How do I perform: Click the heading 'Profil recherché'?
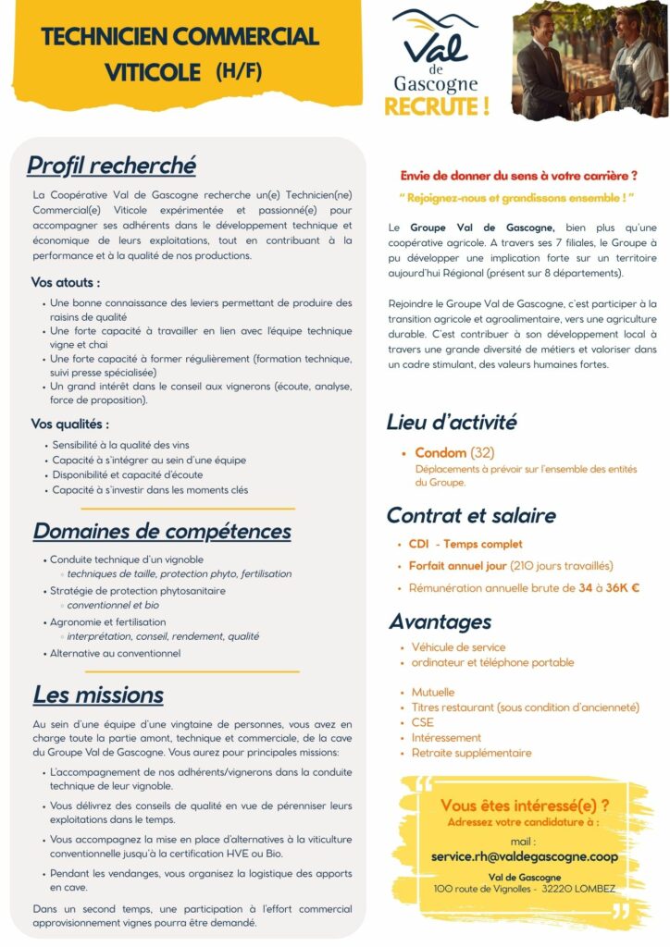(x=111, y=166)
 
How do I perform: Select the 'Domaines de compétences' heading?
(x=162, y=531)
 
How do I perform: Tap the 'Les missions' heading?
(x=98, y=695)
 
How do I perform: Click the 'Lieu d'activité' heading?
(x=451, y=423)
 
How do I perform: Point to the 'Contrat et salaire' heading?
(x=471, y=515)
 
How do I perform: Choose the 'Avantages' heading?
(x=440, y=621)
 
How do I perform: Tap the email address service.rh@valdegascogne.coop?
(x=525, y=856)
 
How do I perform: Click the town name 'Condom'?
(x=440, y=453)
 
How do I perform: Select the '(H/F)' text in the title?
(x=239, y=71)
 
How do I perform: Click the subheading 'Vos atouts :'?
(x=66, y=282)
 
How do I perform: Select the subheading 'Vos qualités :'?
(x=70, y=424)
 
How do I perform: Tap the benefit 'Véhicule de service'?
(x=458, y=647)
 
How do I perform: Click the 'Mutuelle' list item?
(x=433, y=692)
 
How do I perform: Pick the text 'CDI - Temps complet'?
(x=465, y=544)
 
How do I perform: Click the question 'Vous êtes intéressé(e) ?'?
(x=525, y=805)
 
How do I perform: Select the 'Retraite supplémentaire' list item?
(x=471, y=753)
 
